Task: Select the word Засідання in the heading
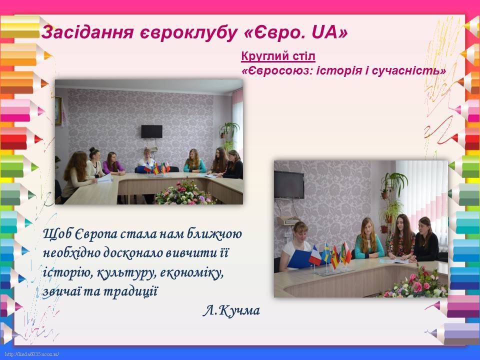point(87,32)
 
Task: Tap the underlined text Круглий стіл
point(278,56)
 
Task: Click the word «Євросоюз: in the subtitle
point(277,71)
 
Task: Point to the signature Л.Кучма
point(231,310)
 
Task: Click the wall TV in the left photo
point(152,131)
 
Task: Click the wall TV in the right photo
point(289,180)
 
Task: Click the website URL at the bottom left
point(32,354)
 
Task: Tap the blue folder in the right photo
point(298,258)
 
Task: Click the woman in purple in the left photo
point(113,164)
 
